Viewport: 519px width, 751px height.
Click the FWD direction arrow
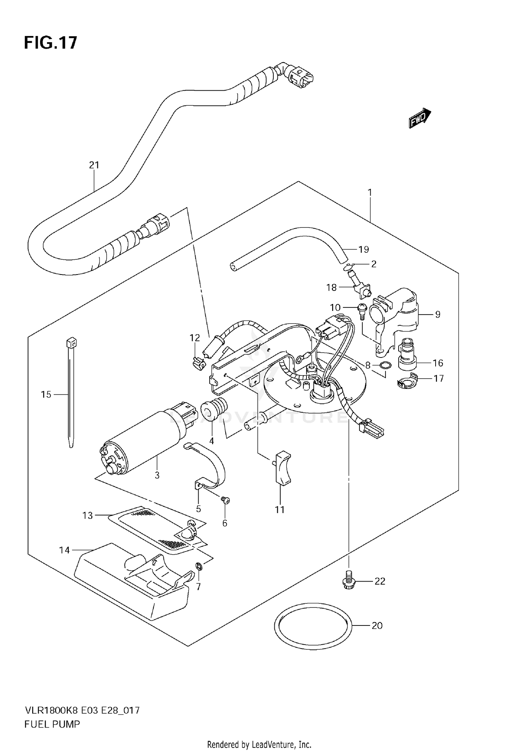pos(420,119)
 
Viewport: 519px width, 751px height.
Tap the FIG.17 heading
pos(51,43)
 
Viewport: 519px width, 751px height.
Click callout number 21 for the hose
pos(94,165)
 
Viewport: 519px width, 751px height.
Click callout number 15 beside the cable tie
pos(46,395)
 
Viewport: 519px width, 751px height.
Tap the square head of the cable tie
pos(71,343)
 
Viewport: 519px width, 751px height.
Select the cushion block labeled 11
pos(283,469)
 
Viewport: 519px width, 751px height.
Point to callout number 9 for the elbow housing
pos(438,314)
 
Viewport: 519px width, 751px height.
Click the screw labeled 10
pos(362,307)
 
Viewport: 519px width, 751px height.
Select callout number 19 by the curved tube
pos(364,249)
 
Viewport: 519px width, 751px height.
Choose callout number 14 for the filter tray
pos(64,550)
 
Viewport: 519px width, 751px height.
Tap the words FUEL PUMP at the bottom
pos(52,724)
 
